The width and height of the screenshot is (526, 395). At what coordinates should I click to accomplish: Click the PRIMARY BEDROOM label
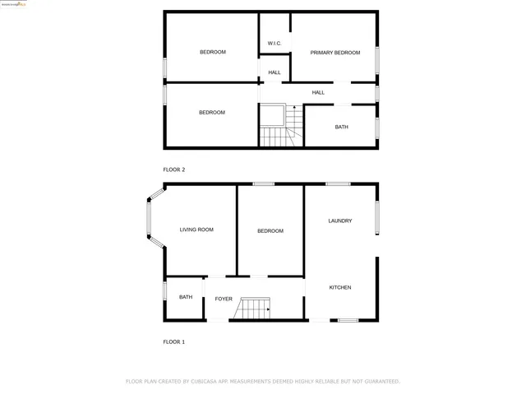(335, 53)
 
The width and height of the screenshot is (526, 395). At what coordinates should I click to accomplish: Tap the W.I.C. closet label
(275, 44)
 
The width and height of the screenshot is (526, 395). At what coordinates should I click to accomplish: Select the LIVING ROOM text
(196, 230)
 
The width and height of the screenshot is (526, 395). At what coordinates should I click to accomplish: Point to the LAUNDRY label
(339, 221)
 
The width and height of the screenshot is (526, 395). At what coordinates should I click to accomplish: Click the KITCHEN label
(340, 287)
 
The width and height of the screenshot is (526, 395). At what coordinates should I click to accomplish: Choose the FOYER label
(224, 299)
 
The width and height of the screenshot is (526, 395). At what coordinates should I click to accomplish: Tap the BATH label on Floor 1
(186, 297)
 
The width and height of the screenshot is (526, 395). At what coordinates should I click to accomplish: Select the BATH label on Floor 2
(341, 127)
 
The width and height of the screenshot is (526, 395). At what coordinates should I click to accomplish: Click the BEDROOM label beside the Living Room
(270, 231)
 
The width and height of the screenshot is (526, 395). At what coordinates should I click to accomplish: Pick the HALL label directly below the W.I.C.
(275, 72)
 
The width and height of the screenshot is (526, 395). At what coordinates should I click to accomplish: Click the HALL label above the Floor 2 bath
(318, 92)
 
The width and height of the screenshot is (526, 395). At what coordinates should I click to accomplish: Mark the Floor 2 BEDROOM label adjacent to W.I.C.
(212, 52)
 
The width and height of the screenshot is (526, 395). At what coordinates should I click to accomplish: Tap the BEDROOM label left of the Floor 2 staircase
(211, 113)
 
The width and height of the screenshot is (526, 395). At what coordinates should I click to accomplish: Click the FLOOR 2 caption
(173, 170)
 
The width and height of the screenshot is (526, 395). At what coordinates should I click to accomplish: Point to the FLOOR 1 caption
(173, 341)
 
